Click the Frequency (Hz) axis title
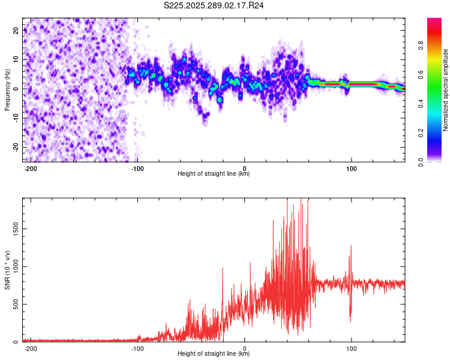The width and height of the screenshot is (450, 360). click(7, 90)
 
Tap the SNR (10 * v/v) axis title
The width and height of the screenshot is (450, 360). click(7, 270)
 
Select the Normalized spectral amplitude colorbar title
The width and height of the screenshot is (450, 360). click(446, 90)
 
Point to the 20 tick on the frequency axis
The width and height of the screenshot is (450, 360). click(16, 29)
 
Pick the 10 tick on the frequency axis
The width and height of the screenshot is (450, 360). click(16, 59)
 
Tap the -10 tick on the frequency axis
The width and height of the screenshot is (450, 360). click(14, 118)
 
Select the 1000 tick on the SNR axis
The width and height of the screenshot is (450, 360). click(13, 266)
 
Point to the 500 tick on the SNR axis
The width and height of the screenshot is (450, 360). click(14, 304)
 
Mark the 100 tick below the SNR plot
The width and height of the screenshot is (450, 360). click(351, 349)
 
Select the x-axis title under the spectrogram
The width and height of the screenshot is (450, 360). click(214, 174)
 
